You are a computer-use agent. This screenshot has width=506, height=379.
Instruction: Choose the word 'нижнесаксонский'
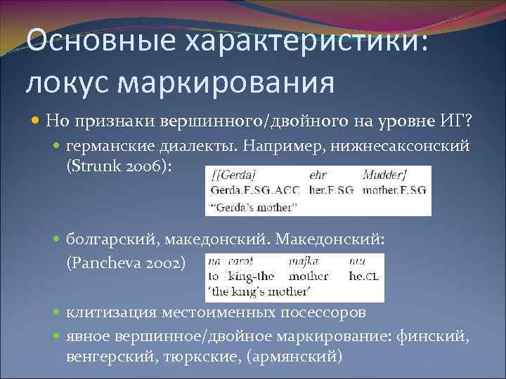pyautogui.click(x=411, y=145)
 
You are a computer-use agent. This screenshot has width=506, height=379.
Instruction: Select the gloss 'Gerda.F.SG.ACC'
pyautogui.click(x=254, y=190)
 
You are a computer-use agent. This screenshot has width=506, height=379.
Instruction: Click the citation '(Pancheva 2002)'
pyautogui.click(x=127, y=262)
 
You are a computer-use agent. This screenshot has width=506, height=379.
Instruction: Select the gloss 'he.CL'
pyautogui.click(x=365, y=277)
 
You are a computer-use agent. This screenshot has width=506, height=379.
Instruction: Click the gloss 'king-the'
pyautogui.click(x=250, y=277)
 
